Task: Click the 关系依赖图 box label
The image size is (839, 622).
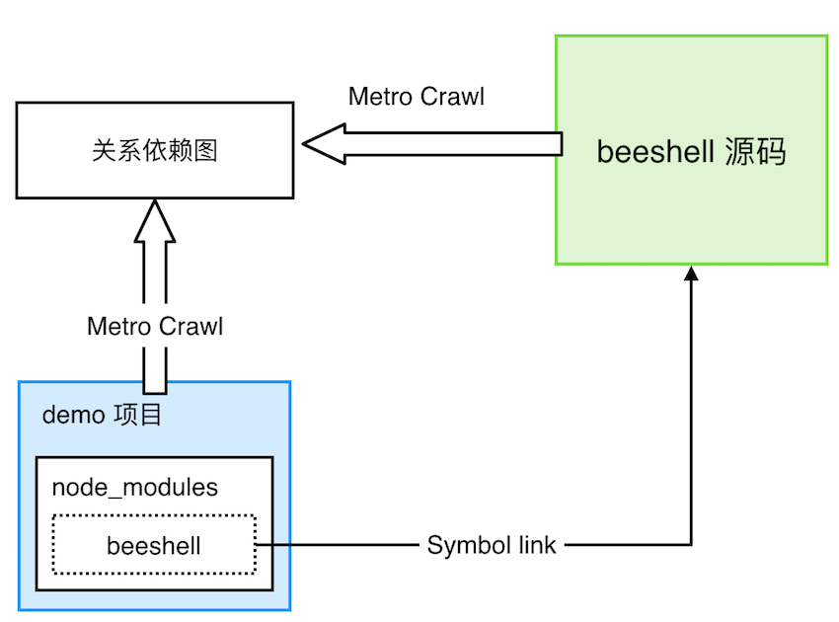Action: click(154, 150)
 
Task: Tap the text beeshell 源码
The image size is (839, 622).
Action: click(691, 151)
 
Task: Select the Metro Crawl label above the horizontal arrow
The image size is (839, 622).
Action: click(417, 97)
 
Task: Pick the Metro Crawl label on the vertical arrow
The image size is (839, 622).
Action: click(155, 326)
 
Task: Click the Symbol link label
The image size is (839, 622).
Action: click(492, 545)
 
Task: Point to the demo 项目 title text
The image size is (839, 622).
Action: click(102, 415)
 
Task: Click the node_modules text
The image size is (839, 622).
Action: click(134, 487)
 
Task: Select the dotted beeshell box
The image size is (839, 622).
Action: click(154, 545)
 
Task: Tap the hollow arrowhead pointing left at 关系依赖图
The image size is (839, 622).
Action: click(323, 144)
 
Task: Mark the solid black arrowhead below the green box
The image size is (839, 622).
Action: click(691, 272)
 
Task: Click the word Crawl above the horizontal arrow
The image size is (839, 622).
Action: click(452, 97)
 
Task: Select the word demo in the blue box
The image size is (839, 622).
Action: click(73, 415)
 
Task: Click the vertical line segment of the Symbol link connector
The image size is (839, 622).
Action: click(691, 415)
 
